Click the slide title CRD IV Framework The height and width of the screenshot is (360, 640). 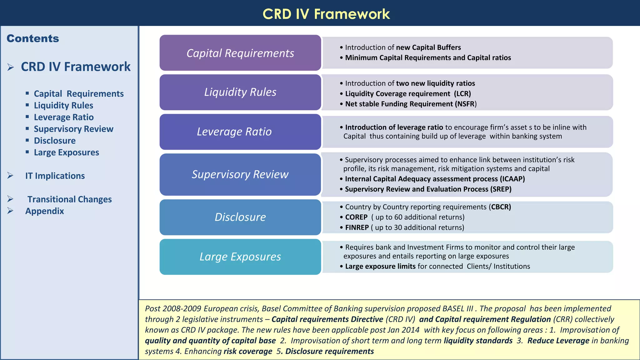pyautogui.click(x=326, y=14)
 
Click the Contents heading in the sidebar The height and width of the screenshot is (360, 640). pyautogui.click(x=33, y=38)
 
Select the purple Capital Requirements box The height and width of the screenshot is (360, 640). pyautogui.click(x=240, y=53)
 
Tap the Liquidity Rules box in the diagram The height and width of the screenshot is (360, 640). pyautogui.click(x=240, y=92)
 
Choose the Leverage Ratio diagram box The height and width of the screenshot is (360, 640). pyautogui.click(x=240, y=132)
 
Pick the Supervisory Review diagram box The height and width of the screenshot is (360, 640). pyautogui.click(x=240, y=174)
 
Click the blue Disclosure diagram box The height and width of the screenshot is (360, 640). pyautogui.click(x=240, y=217)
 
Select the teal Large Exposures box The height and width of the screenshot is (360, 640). pyautogui.click(x=240, y=257)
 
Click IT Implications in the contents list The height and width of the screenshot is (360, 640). pyautogui.click(x=55, y=176)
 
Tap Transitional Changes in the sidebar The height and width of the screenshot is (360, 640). pyautogui.click(x=69, y=199)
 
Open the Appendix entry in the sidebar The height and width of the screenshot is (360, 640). pyautogui.click(x=45, y=211)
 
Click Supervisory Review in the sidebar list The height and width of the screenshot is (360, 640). pyautogui.click(x=73, y=129)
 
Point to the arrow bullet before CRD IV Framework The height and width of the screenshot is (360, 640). pyautogui.click(x=11, y=67)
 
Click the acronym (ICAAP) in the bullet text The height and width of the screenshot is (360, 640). pyautogui.click(x=512, y=179)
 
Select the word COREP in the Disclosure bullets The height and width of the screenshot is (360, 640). pyautogui.click(x=356, y=217)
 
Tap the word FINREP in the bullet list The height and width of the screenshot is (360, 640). pyautogui.click(x=357, y=227)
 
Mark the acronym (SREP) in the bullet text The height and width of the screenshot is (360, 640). pyautogui.click(x=501, y=189)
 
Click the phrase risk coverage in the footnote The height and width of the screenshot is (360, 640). pyautogui.click(x=248, y=352)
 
